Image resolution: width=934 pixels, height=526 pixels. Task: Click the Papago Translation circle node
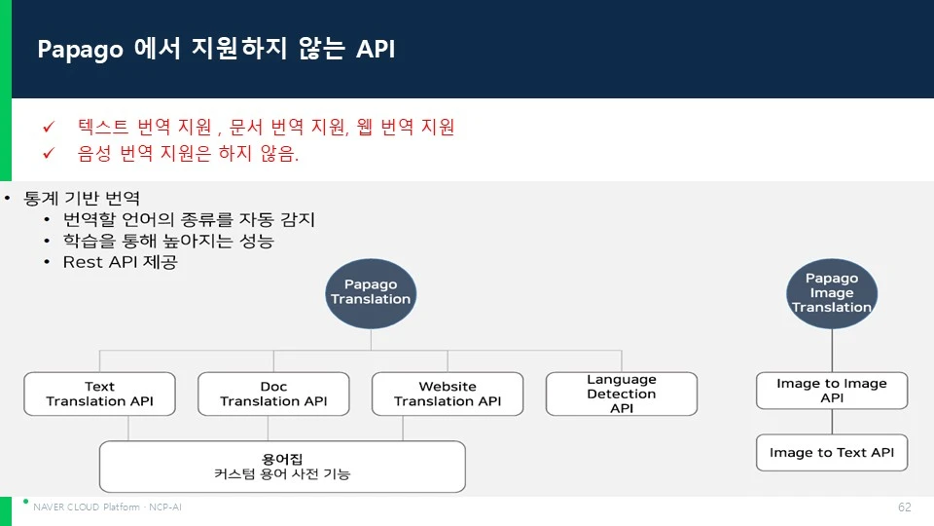tap(371, 293)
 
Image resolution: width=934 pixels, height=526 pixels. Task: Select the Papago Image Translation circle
tap(832, 293)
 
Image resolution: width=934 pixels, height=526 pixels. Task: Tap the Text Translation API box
tap(99, 394)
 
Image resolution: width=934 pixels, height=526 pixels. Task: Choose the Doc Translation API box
tap(273, 394)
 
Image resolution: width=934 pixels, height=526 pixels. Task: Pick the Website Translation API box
tap(448, 394)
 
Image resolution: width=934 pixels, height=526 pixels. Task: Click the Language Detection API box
tap(622, 394)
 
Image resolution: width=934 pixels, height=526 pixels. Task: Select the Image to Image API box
tap(832, 391)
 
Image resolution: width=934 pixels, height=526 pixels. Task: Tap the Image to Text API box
tap(832, 453)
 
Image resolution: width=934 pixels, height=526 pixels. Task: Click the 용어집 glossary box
tap(282, 467)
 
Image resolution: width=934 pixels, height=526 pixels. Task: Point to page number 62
tap(904, 507)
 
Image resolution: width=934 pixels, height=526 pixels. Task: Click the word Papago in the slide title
tap(81, 50)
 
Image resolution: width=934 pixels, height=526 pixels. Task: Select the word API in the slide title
tap(376, 49)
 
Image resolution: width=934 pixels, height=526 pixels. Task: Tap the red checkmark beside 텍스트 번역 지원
tap(49, 127)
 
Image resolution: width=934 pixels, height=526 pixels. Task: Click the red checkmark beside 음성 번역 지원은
tap(49, 153)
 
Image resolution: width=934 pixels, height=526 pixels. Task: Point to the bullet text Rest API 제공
tap(121, 262)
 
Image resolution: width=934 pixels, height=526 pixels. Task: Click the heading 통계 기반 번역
tap(82, 198)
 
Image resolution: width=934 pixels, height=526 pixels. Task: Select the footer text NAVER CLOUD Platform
tap(87, 507)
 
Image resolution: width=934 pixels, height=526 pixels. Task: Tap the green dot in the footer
tap(25, 502)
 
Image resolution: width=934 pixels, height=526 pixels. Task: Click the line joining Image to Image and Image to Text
tap(832, 422)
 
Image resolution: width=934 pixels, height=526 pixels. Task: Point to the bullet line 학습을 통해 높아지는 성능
tap(168, 241)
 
